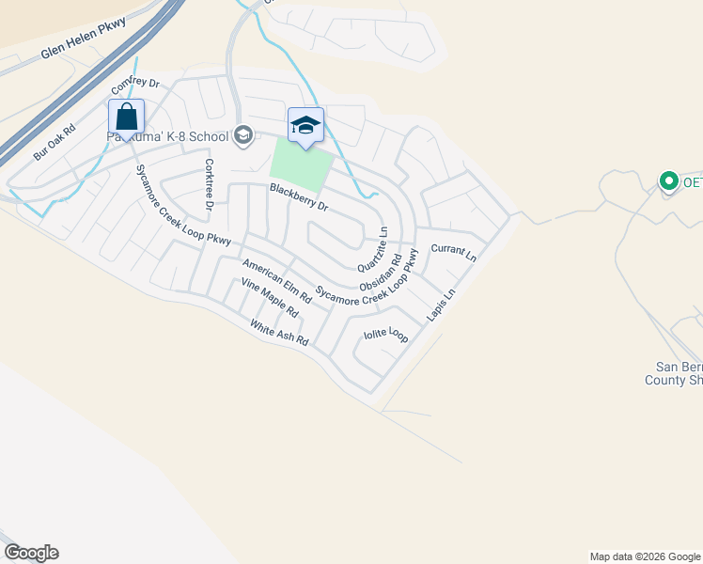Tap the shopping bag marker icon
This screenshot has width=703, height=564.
click(126, 118)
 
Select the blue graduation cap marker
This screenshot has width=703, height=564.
click(305, 125)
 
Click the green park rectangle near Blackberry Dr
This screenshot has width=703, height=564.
click(301, 168)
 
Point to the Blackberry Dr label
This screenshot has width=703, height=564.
click(298, 197)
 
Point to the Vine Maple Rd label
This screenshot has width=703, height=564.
click(269, 297)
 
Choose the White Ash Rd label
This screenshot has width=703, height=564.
click(279, 334)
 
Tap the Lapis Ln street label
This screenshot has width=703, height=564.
click(441, 305)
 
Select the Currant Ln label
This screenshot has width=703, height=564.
click(454, 252)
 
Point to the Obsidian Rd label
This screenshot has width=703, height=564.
click(381, 271)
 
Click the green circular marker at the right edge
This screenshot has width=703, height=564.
click(669, 180)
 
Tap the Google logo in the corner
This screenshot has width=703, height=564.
click(31, 553)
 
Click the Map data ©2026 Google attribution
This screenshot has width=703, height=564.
click(645, 556)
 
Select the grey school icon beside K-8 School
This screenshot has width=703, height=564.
click(243, 136)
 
